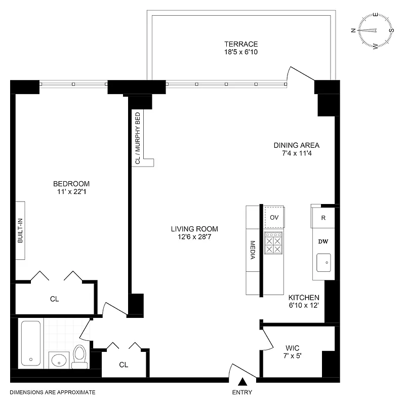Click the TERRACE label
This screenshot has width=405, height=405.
point(241,44)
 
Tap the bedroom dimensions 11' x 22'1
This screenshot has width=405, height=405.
point(72,192)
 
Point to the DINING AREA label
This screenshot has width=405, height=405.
point(296,145)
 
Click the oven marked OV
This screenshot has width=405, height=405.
point(274,217)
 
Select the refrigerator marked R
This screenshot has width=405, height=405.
point(323,218)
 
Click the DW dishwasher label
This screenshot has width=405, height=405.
point(323,241)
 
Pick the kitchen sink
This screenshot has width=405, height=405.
point(323,263)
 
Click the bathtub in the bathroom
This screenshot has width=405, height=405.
point(31,343)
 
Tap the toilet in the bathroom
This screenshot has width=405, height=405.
point(80,355)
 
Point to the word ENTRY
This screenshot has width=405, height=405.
point(242,392)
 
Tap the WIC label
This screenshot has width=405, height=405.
point(293,348)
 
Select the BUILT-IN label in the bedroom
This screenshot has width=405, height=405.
point(21,230)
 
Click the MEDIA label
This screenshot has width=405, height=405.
point(252,250)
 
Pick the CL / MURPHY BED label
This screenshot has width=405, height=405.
point(137,138)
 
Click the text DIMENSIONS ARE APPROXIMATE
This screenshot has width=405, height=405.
point(53,392)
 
